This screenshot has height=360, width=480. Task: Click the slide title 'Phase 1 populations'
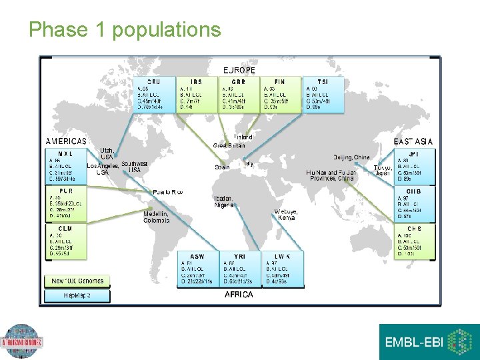pos(125,29)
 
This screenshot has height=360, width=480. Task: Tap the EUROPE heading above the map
pos(239,70)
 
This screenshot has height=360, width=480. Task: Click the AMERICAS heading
pos(65,141)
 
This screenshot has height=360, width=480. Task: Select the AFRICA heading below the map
pos(239,294)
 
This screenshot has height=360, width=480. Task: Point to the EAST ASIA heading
pos(413,141)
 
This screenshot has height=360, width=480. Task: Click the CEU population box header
pos(154,81)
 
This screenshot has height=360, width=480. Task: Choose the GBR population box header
pos(239,81)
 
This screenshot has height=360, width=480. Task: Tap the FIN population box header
pos(280,81)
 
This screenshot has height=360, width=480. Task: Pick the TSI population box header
pos(323,81)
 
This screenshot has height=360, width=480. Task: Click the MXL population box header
pos(65,153)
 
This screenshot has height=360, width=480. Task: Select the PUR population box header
pos(65,191)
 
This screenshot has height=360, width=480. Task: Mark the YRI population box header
pos(239,256)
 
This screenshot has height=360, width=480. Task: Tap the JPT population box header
pos(414,153)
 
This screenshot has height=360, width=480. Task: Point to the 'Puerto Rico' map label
pos(167,192)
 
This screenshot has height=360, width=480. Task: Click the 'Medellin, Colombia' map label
pos(157,217)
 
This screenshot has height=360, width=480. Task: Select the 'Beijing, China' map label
pos(351,157)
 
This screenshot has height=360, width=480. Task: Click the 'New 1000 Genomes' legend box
pos(77,281)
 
